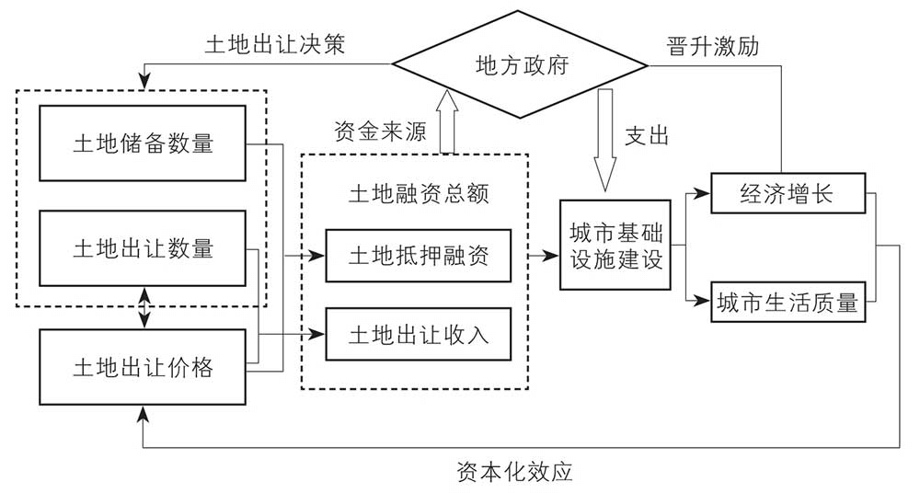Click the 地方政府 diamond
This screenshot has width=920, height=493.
pos(521,65)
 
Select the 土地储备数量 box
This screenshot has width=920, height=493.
pos(143,143)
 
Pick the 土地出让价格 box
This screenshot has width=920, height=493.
pos(143,367)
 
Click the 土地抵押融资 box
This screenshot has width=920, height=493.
pos(417,256)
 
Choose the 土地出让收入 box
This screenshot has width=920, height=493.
pos(417,334)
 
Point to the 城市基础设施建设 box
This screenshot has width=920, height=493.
pos(615,245)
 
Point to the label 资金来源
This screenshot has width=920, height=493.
pos(379,132)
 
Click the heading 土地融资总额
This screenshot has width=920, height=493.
pos(417,194)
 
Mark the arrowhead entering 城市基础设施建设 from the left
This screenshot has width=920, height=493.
pos(554,247)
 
